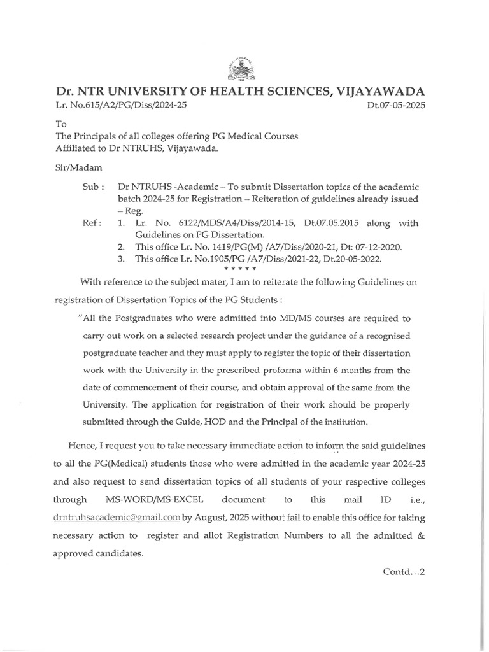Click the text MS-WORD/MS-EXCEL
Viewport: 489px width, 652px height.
click(x=159, y=500)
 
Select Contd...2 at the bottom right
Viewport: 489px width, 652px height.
click(x=404, y=571)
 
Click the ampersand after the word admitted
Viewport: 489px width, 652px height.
click(x=420, y=536)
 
